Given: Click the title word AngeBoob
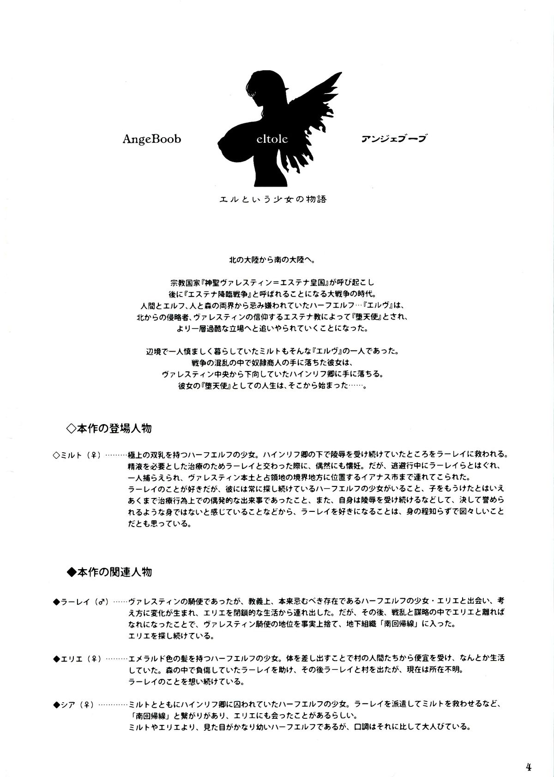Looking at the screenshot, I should (151, 140).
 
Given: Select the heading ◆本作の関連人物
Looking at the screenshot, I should (109, 572).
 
